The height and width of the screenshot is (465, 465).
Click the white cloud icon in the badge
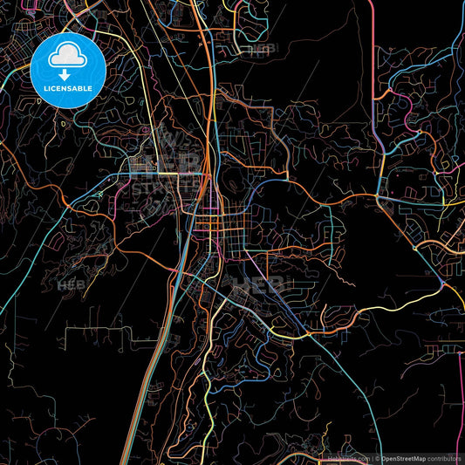(x=66, y=57)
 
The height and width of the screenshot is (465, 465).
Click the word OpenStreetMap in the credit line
(x=407, y=457)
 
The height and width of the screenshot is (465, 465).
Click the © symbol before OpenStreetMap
(x=377, y=457)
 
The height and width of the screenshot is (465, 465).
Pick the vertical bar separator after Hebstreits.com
(x=370, y=457)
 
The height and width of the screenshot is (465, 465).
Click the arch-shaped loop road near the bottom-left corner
(x=61, y=441)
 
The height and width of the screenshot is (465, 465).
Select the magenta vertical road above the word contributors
(x=461, y=393)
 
